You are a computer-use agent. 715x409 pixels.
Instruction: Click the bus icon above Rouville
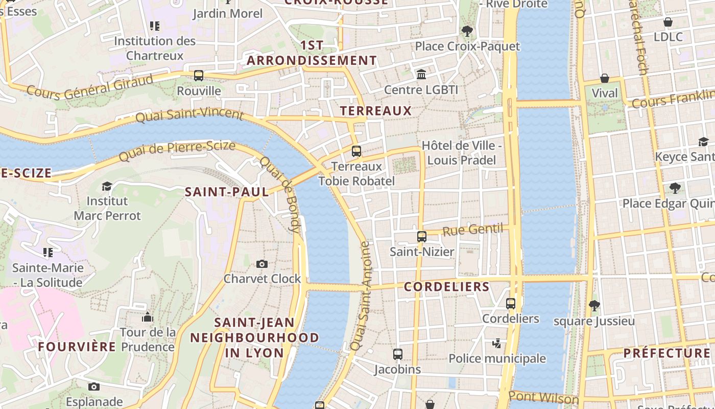199,76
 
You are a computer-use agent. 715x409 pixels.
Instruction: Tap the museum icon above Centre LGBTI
421,75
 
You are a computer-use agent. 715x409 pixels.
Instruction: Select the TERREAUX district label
375,110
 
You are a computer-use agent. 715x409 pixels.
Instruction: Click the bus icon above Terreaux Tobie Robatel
356,151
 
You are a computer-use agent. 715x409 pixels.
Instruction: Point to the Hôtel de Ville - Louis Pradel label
462,153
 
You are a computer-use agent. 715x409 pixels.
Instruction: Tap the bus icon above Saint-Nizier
422,236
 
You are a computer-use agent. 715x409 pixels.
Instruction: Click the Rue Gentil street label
472,230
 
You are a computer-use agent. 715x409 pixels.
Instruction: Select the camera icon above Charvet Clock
262,264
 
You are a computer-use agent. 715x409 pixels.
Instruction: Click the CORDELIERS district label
447,287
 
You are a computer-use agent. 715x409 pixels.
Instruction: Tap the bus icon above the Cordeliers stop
511,303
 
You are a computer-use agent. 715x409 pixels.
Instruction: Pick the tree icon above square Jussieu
594,306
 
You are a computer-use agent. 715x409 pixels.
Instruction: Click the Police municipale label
497,358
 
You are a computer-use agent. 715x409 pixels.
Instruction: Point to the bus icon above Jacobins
398,354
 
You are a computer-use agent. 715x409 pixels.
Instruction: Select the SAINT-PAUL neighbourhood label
227,192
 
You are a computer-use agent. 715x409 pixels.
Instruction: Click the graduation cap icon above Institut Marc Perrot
107,186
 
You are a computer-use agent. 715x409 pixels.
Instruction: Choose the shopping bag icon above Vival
605,78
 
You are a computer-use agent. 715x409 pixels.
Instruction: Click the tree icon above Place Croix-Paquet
467,31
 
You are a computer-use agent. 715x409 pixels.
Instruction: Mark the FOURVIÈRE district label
77,347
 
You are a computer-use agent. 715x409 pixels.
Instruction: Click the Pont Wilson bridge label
543,397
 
